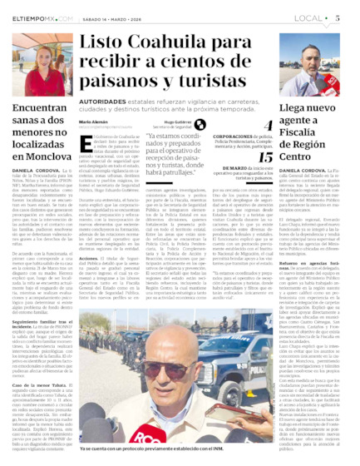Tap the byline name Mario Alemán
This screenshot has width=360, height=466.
coord(93,121)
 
